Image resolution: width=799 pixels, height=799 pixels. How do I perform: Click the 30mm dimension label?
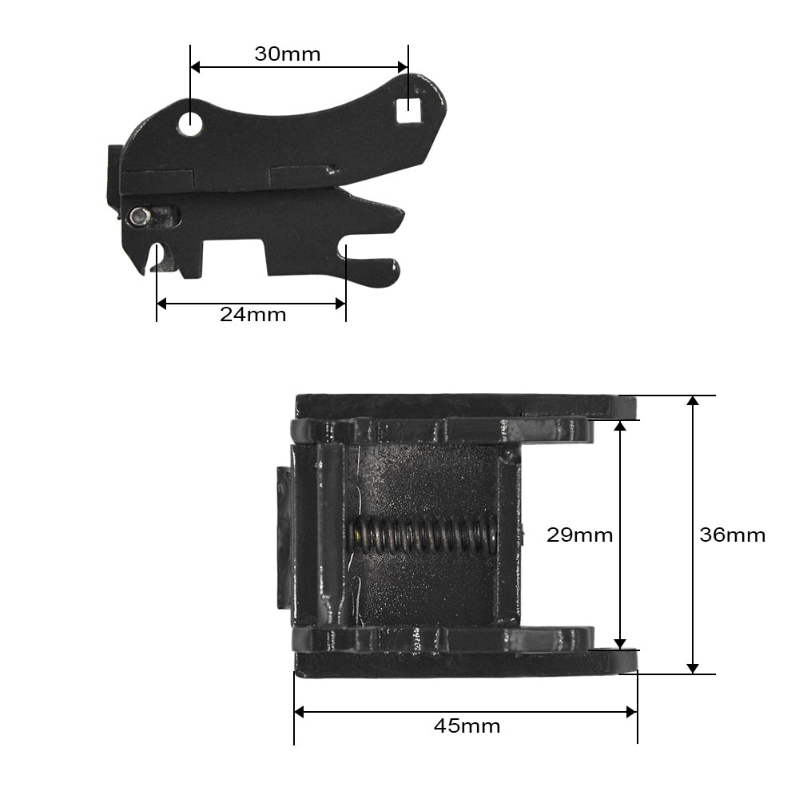(288, 54)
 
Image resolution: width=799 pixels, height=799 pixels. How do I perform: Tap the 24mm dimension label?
(252, 315)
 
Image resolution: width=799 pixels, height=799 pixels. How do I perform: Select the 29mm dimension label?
(579, 535)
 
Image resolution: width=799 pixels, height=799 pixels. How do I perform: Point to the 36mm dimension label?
(732, 535)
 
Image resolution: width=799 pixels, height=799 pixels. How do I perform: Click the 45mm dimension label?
(467, 725)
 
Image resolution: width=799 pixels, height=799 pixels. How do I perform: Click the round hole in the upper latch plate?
(190, 123)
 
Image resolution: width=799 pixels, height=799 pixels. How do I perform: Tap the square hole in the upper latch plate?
(408, 110)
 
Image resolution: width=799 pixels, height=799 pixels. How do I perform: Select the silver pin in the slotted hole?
(138, 217)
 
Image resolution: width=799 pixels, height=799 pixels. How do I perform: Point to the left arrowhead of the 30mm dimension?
(195, 67)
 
